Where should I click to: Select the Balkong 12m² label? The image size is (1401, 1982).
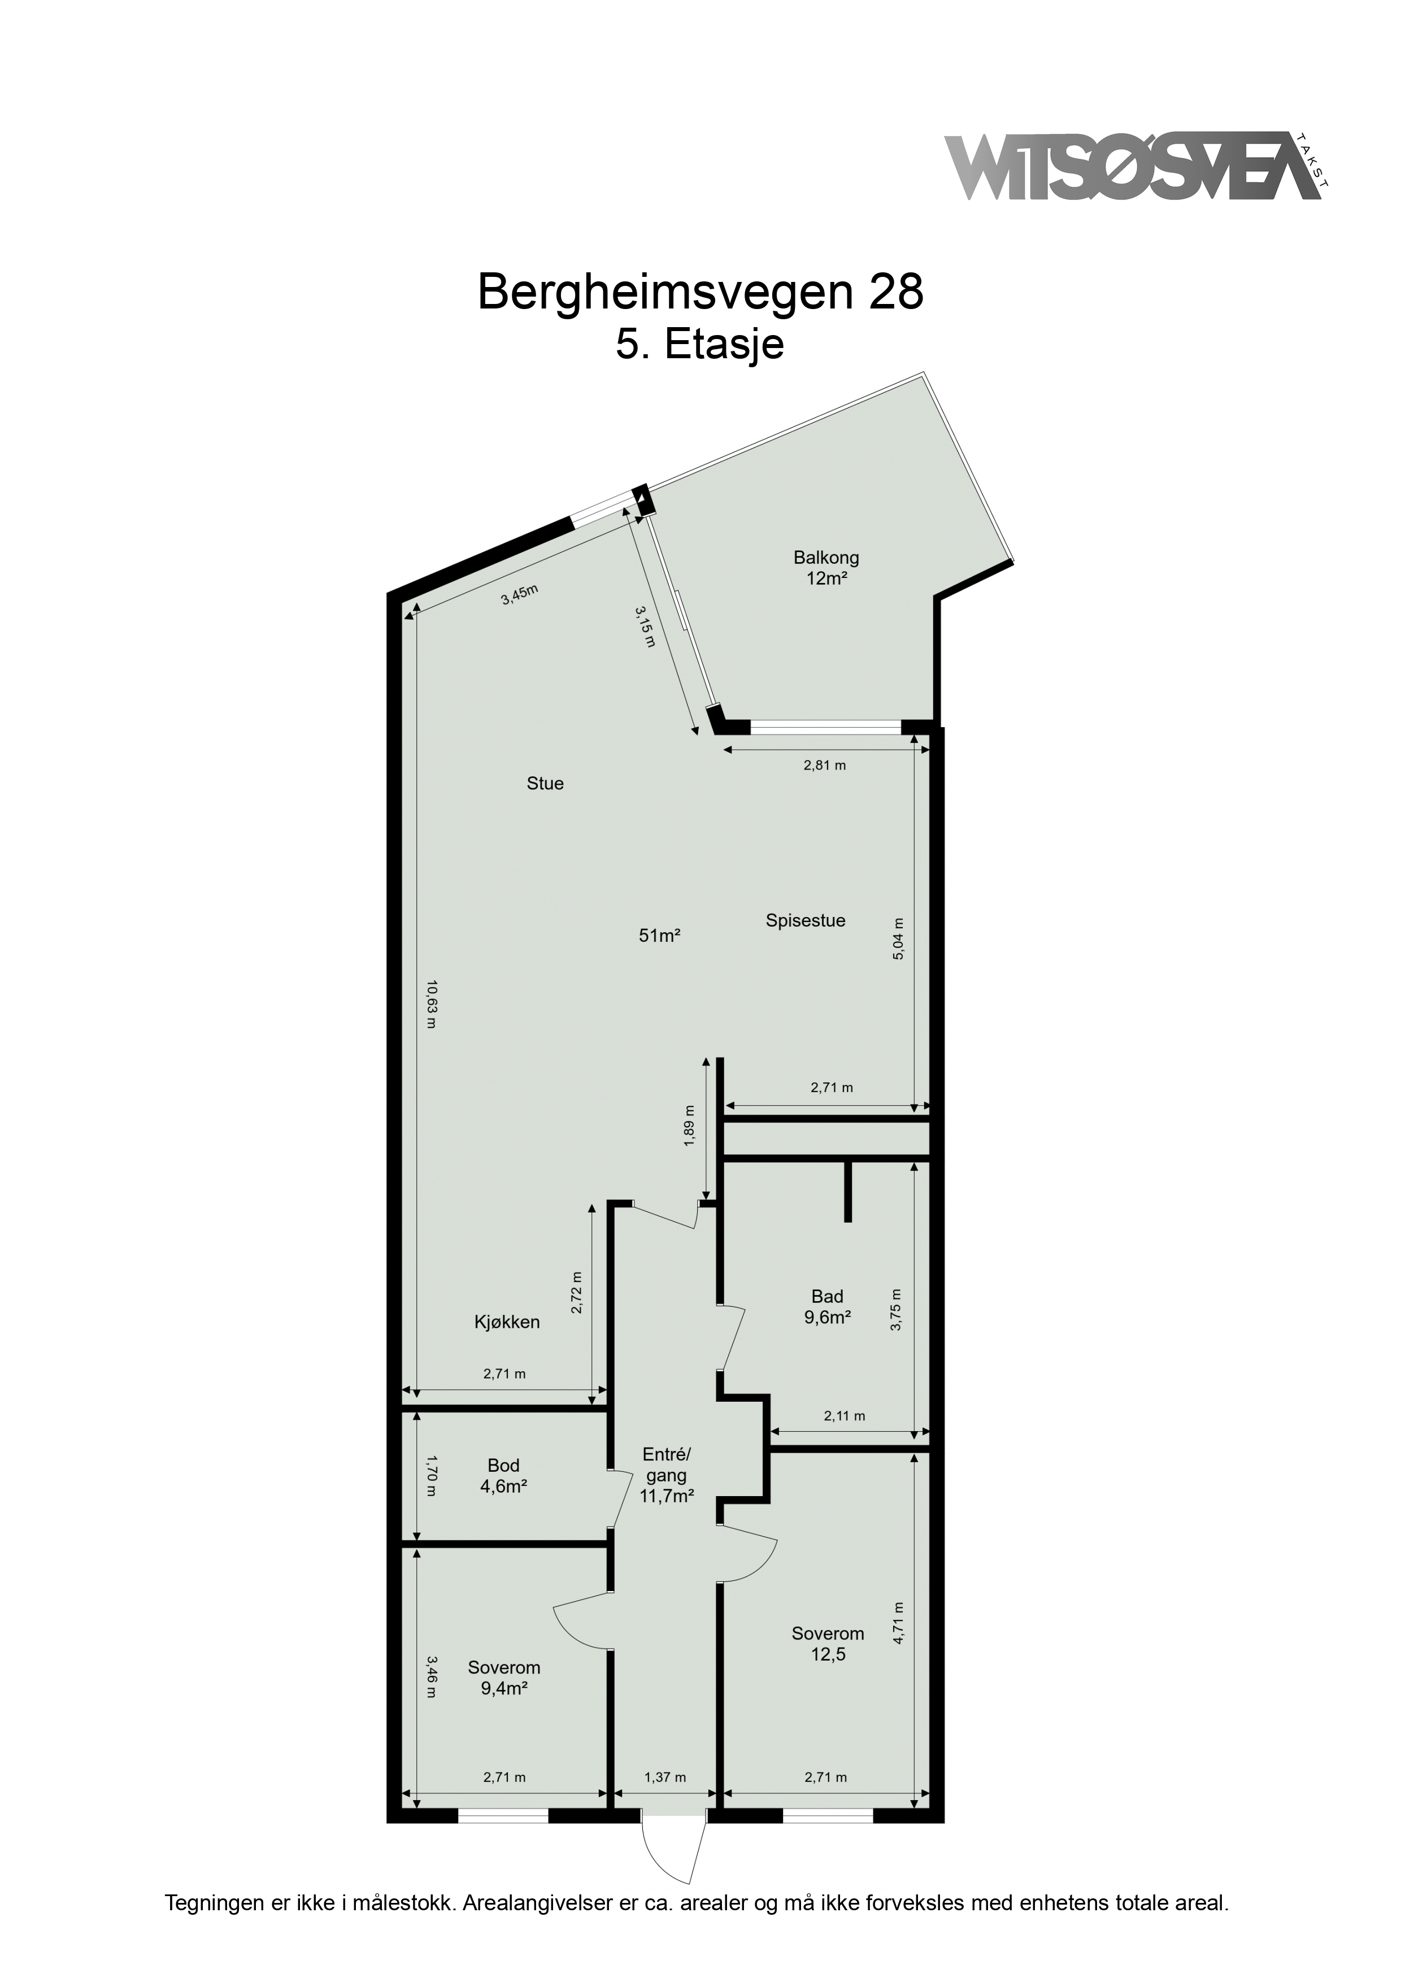(826, 568)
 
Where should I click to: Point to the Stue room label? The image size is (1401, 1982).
(545, 783)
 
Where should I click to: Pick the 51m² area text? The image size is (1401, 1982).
(660, 935)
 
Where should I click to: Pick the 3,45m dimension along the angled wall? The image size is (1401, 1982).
(520, 595)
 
